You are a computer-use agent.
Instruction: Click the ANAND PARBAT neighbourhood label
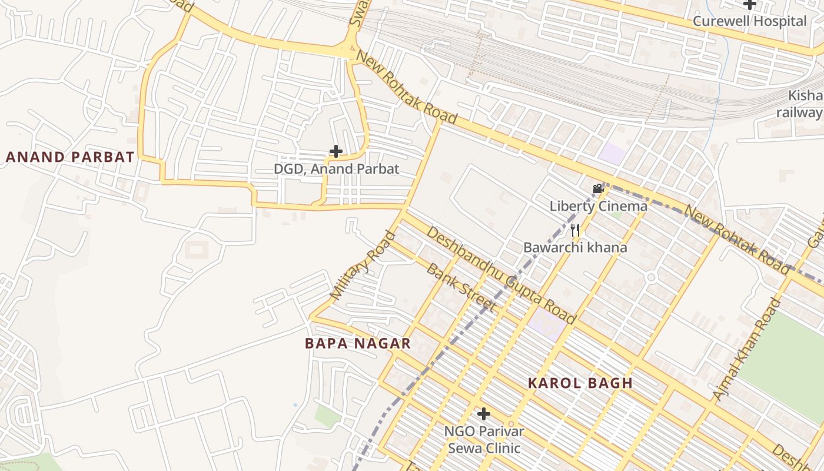pos(70,157)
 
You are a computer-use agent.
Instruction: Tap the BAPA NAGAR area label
pos(357,344)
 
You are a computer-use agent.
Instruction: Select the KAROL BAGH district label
pos(580,383)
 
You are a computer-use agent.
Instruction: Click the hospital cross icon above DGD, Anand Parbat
pos(336,151)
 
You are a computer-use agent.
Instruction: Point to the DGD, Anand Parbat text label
pos(336,169)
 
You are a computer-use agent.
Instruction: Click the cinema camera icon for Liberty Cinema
pos(599,189)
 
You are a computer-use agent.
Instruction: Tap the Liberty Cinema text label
pos(598,206)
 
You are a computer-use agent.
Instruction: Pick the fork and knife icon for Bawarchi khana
pos(575,230)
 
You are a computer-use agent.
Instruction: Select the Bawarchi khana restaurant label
pos(575,247)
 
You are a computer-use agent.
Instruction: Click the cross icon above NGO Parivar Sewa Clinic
pos(483,414)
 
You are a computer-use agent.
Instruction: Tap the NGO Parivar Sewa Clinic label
pos(484,440)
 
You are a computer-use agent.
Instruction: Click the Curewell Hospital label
pos(749,21)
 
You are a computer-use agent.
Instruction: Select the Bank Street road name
pos(460,287)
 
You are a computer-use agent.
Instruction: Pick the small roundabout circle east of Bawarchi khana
pos(650,277)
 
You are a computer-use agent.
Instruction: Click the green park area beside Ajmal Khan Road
pos(786,359)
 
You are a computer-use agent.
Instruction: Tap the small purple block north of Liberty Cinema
pos(612,154)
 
